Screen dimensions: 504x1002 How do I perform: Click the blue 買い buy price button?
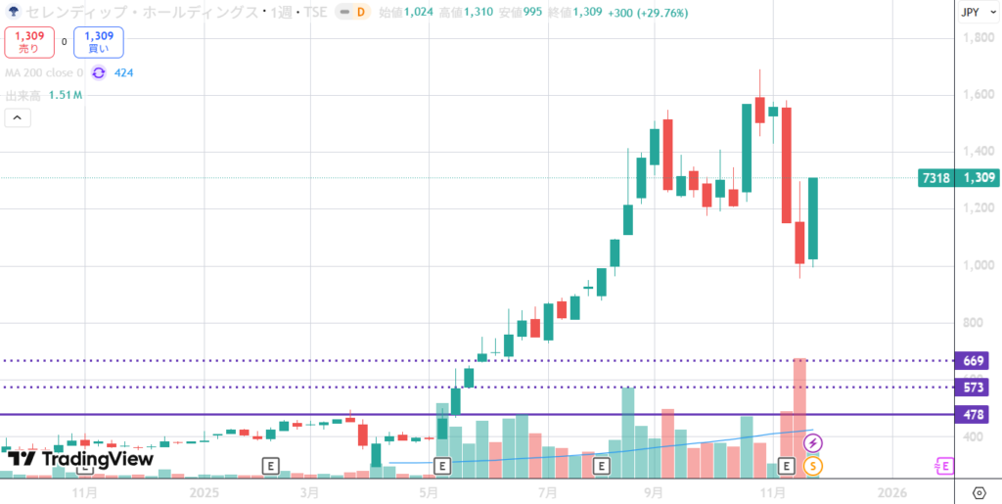coord(98,41)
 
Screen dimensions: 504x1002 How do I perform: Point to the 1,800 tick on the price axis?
coord(979,38)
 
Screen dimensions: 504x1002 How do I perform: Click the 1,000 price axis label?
coord(979,266)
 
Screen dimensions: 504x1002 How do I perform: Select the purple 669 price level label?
coord(973,361)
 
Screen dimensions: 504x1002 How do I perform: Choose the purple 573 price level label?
coord(973,388)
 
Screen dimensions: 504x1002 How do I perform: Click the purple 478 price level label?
coord(973,415)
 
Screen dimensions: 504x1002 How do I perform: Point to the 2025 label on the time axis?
coord(205,491)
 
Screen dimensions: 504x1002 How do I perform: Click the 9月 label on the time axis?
coord(654,491)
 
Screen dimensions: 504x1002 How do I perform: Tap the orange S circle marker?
coord(813,466)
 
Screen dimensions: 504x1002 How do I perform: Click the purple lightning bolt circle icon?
coord(813,444)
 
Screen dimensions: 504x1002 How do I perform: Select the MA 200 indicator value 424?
coord(123,72)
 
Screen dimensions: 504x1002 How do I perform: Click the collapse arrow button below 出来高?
coord(18,118)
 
